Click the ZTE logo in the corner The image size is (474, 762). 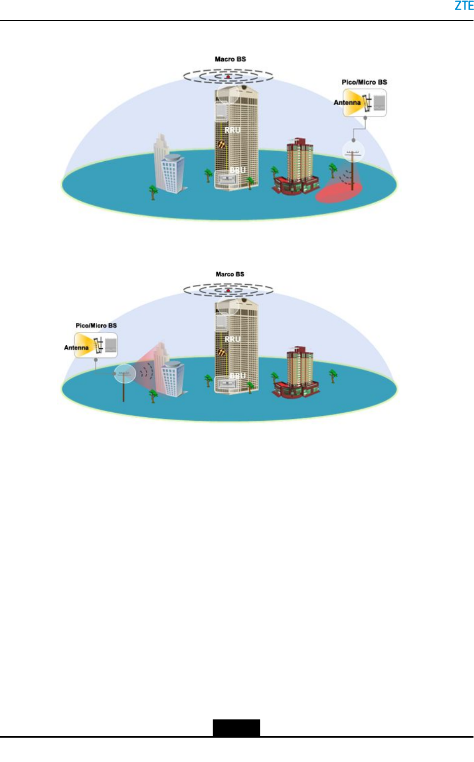pyautogui.click(x=463, y=6)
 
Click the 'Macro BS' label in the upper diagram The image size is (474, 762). pyautogui.click(x=230, y=59)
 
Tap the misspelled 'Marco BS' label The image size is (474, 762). pyautogui.click(x=230, y=274)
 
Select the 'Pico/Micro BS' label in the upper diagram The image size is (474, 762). pyautogui.click(x=364, y=82)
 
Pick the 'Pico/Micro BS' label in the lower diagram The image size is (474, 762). pyautogui.click(x=96, y=325)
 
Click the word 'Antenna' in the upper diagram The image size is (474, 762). pyautogui.click(x=347, y=102)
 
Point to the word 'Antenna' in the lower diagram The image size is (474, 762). pyautogui.click(x=76, y=348)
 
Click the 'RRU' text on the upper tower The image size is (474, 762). pyautogui.click(x=232, y=130)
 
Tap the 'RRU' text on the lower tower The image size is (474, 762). pyautogui.click(x=232, y=339)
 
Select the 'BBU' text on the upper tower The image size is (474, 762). pyautogui.click(x=238, y=170)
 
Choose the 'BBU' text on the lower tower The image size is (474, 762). pyautogui.click(x=238, y=376)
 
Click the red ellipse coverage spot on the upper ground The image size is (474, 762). pyautogui.click(x=339, y=193)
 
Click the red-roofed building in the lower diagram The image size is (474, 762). pyautogui.click(x=296, y=373)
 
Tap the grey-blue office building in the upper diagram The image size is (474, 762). pyautogui.click(x=170, y=167)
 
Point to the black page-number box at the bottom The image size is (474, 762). pyautogui.click(x=236, y=728)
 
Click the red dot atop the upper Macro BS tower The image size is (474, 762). pyautogui.click(x=228, y=77)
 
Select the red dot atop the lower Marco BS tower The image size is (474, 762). pyautogui.click(x=228, y=291)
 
